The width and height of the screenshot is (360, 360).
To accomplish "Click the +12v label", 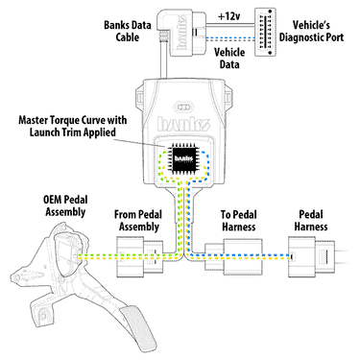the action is (x=229, y=16).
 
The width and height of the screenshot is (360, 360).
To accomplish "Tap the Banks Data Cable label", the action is (x=128, y=31).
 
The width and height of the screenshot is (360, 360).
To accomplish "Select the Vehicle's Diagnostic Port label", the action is (x=311, y=31).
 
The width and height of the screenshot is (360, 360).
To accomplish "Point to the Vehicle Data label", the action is (x=229, y=58).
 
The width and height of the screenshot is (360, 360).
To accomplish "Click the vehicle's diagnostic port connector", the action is (x=265, y=32).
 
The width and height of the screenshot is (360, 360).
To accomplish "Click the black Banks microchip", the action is (x=184, y=159).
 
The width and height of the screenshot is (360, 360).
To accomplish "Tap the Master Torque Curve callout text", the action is (x=73, y=126).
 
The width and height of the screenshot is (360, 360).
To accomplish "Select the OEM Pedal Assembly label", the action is (x=65, y=205).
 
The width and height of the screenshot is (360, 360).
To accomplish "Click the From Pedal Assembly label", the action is (x=138, y=221).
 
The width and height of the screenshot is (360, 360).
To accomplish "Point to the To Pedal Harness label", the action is (x=239, y=221).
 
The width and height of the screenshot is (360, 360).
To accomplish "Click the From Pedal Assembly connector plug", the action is (x=139, y=256).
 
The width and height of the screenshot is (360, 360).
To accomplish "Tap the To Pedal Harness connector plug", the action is (x=233, y=256).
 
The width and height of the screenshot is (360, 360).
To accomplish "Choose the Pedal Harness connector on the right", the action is (x=312, y=256).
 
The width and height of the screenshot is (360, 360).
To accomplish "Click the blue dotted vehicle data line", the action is (x=230, y=39).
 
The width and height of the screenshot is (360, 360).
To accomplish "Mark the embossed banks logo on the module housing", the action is (x=183, y=124).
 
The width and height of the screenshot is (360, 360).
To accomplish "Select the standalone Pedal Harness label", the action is (x=311, y=221).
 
